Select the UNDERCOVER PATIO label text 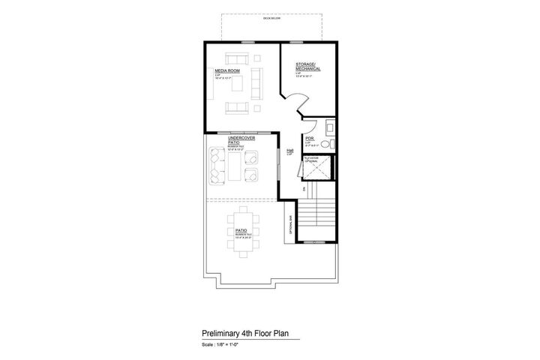pos(241,140)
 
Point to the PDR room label pos(309,138)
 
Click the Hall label pos(289,150)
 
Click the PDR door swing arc pos(307,127)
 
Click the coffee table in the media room pos(238,82)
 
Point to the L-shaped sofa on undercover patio pos(217,164)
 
